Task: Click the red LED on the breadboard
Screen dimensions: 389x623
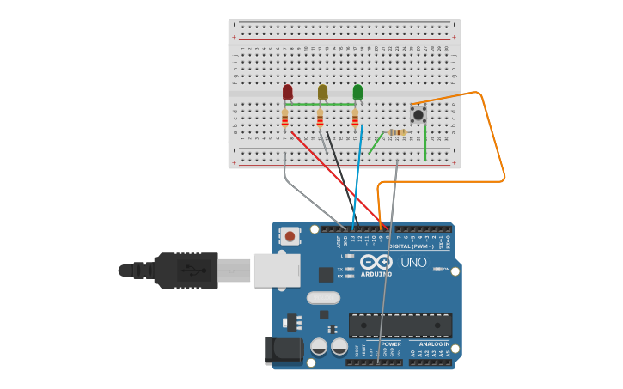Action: [287, 91]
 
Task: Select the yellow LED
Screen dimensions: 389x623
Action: [322, 91]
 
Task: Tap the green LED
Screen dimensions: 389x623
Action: [357, 91]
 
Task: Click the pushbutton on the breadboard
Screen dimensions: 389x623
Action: [418, 113]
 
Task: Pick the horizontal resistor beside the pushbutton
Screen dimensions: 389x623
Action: [396, 132]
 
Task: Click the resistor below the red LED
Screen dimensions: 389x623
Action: [285, 119]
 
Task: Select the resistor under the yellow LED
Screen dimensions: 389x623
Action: [321, 119]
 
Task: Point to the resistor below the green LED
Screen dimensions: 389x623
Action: [355, 119]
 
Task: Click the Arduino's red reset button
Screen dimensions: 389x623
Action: [290, 236]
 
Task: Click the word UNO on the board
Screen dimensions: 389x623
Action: [414, 262]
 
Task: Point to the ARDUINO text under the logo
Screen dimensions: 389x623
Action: [376, 274]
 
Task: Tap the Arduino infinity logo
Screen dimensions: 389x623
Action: [376, 262]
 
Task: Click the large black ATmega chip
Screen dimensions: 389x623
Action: [400, 325]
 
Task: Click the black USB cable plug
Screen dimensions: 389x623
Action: [185, 270]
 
